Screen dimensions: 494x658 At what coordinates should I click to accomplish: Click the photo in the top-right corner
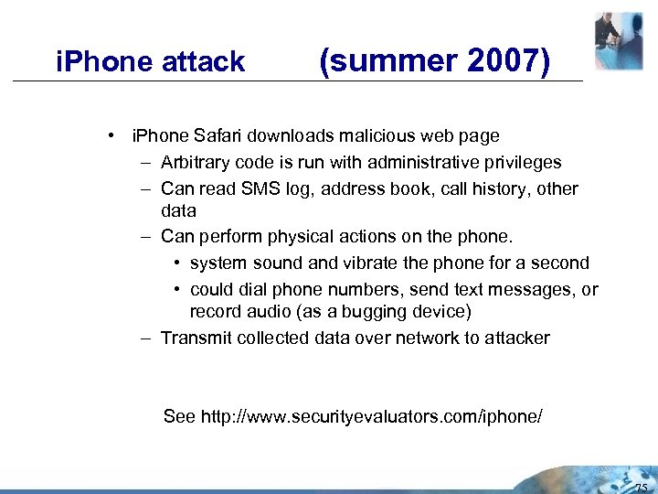click(x=619, y=41)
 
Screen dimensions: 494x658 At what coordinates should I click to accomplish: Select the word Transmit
click(x=196, y=338)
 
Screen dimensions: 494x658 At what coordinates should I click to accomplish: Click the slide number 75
click(x=639, y=484)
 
